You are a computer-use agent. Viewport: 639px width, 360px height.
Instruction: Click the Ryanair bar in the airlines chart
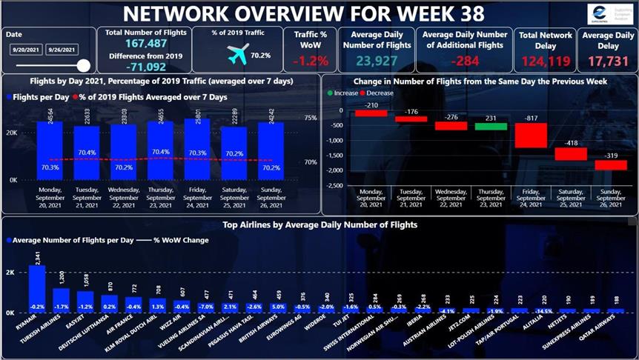pos(36,289)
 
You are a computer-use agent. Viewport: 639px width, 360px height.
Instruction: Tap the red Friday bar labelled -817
pos(530,135)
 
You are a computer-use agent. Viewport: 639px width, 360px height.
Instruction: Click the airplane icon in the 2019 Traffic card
pos(238,53)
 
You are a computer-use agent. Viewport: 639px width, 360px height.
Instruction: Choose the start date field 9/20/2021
pos(24,50)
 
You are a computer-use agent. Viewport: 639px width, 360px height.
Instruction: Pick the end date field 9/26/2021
pos(61,50)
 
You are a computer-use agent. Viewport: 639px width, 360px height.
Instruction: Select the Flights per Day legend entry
pos(38,97)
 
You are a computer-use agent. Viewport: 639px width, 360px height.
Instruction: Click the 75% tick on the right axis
pos(311,118)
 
